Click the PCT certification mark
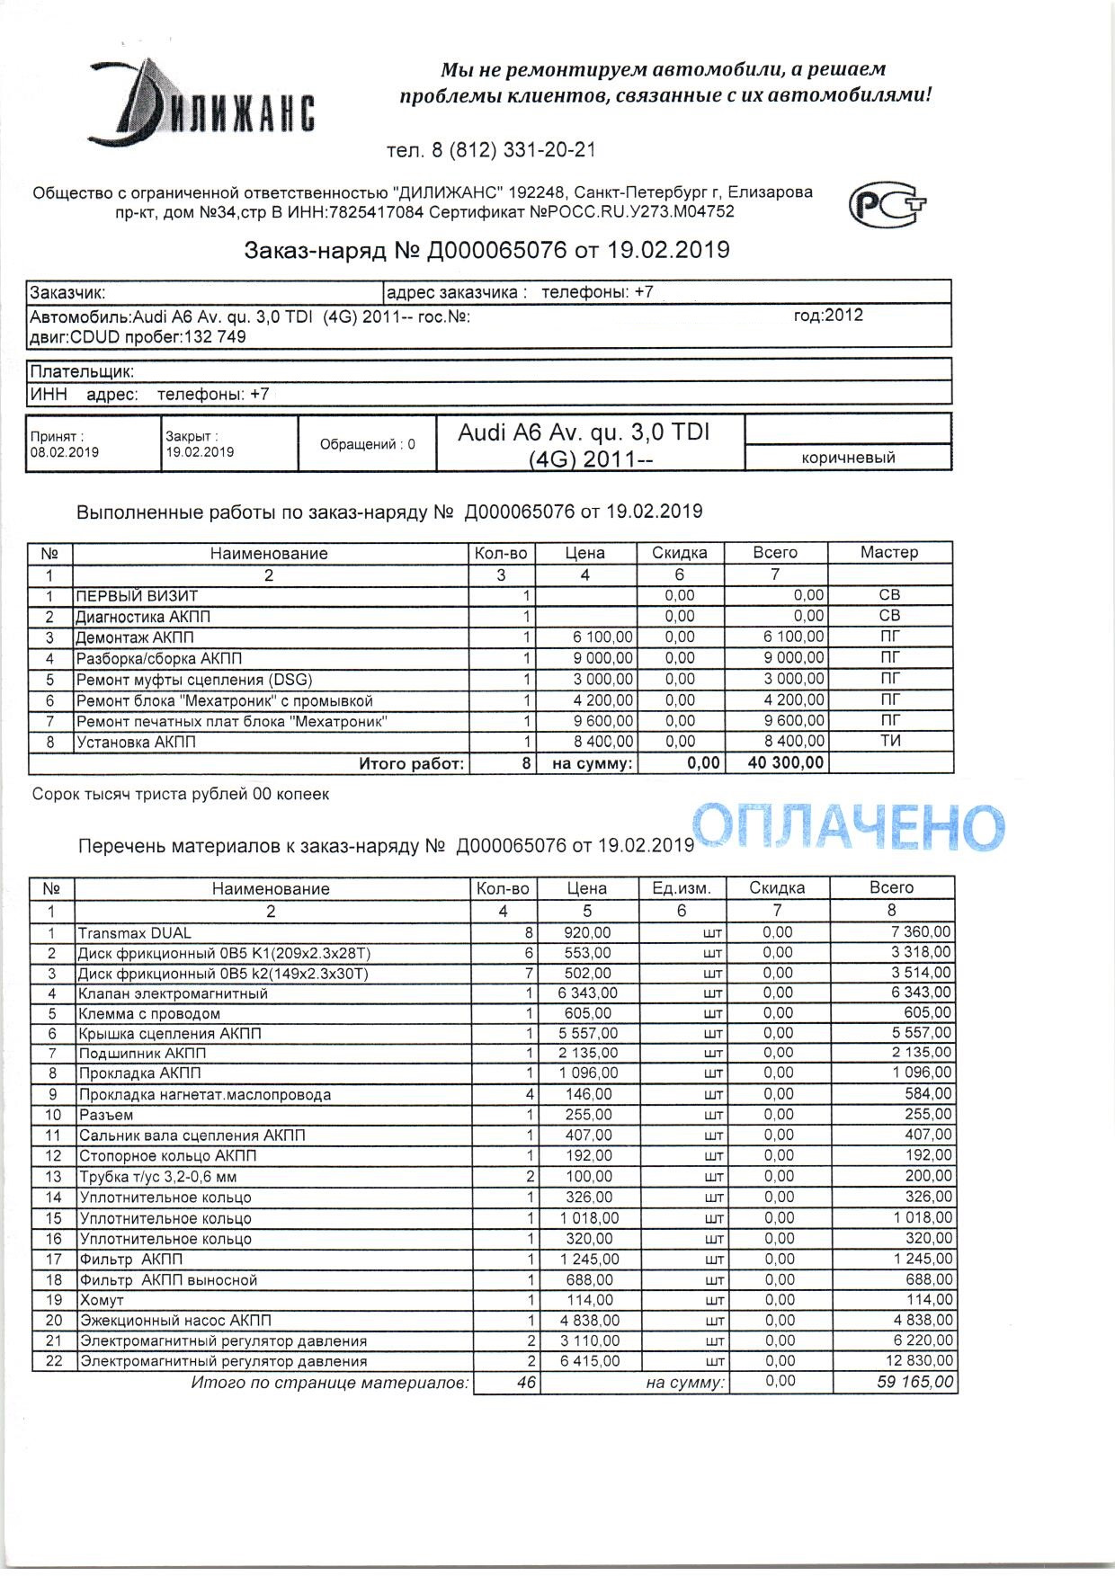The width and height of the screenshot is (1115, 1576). (888, 205)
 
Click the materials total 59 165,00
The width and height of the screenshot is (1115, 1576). (915, 1382)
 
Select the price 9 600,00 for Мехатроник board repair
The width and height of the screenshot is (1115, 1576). (602, 721)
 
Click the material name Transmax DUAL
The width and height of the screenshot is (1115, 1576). (135, 932)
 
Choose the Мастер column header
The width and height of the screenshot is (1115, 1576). (888, 553)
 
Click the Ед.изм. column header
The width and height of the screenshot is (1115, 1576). (681, 888)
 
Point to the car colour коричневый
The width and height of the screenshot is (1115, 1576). (848, 458)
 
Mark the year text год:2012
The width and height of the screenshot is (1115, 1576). (828, 316)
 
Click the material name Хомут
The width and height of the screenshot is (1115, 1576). (102, 1300)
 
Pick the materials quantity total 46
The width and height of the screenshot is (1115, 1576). (527, 1382)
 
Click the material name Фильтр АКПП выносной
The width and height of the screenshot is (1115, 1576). (168, 1279)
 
